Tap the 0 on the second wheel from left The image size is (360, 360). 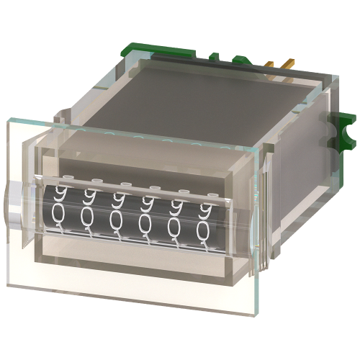[89, 216]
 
